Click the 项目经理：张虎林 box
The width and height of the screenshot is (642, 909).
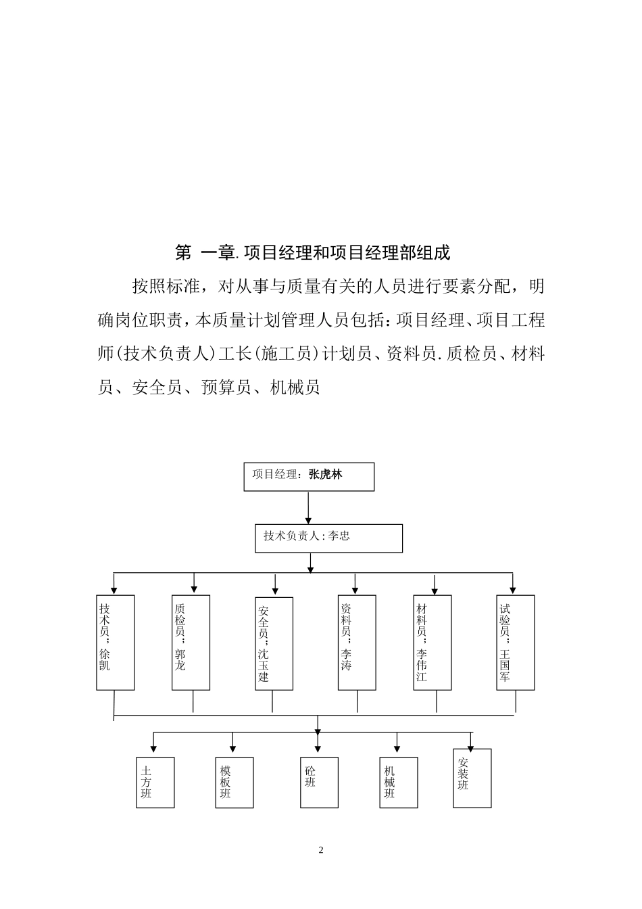pos(308,476)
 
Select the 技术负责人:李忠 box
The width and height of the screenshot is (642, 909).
pos(328,538)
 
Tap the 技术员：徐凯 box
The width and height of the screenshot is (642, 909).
pos(116,642)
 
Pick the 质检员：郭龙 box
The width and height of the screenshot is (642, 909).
pos(191,642)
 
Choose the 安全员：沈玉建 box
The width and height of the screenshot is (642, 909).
pos(274,643)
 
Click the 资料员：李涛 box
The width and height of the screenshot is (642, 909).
pos(357,642)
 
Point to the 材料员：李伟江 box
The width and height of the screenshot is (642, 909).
pos(433,642)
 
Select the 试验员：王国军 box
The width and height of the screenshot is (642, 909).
pos(515,642)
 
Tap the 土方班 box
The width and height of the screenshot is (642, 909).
pos(155,783)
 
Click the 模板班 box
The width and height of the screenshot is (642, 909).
pos(234,783)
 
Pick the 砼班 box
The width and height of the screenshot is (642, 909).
pos(319,783)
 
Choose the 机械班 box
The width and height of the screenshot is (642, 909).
pos(398,783)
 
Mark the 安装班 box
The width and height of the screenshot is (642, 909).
pos(472,778)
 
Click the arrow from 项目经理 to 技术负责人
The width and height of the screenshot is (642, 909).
pos(308,507)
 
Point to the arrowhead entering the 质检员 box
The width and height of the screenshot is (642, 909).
pos(194,590)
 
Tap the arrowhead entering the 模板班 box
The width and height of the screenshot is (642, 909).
pos(233,749)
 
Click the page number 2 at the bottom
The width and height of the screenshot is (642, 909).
pos(321,850)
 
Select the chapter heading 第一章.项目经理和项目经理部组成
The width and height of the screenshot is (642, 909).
pos(312,253)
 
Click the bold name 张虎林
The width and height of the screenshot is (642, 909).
pos(326,475)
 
